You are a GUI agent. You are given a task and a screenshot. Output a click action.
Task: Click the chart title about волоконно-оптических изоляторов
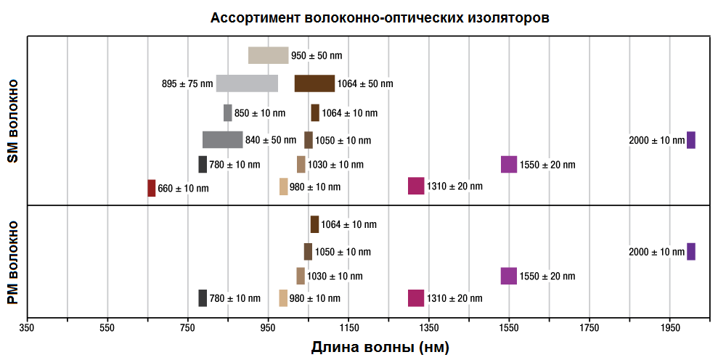(x=380, y=18)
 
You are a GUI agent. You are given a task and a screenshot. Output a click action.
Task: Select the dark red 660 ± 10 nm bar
(x=152, y=188)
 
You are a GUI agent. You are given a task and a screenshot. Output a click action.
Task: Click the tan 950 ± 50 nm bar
(x=268, y=55)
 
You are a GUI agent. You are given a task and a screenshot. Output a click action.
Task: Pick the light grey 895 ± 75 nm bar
(x=247, y=83)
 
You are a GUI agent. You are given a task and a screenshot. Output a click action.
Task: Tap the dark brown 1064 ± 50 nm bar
(x=314, y=83)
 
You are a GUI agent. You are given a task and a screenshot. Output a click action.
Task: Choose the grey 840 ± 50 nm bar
(x=222, y=140)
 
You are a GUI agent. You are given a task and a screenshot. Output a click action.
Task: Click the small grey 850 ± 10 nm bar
(x=228, y=113)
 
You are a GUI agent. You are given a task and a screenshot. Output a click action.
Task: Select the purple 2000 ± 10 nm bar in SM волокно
(x=691, y=140)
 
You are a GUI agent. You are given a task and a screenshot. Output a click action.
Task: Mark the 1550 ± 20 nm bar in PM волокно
(x=509, y=276)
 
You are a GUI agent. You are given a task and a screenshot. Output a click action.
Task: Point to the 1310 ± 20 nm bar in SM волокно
(x=416, y=186)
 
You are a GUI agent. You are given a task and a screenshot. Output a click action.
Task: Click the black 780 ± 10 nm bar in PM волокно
(x=203, y=298)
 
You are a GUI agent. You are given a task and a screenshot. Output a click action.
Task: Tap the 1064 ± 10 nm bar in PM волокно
(x=314, y=224)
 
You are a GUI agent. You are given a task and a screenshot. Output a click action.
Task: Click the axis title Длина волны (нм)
(x=380, y=348)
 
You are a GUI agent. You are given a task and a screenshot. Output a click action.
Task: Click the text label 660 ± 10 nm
(x=183, y=189)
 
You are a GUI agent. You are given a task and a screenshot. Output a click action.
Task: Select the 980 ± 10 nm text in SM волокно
(x=315, y=187)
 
